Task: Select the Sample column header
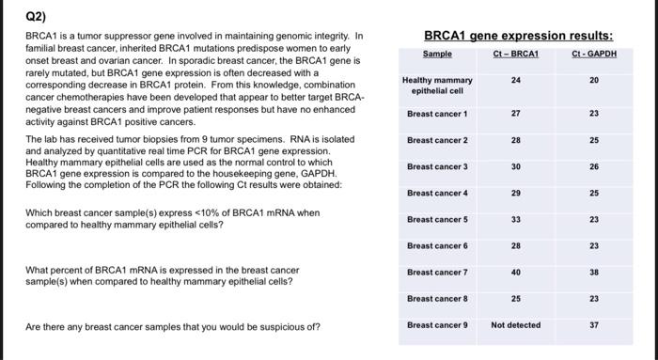pos(437,55)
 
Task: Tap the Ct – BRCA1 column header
pos(515,55)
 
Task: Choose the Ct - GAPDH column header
pos(593,55)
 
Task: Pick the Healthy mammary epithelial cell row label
pos(437,86)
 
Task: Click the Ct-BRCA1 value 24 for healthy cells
pos(515,81)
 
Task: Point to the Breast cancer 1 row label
pos(437,114)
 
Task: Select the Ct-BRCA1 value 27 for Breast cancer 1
pos(515,114)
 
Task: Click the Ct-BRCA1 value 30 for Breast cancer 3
pos(515,166)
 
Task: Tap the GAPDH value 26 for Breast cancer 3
pos(593,166)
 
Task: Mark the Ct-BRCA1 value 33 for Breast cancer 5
pos(515,219)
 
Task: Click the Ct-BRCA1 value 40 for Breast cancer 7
pos(515,273)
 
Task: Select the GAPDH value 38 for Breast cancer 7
pos(593,273)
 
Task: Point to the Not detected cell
pos(515,325)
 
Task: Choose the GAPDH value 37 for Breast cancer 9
pos(593,325)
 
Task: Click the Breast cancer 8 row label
pos(437,299)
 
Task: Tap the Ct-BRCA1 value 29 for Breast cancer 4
pos(515,193)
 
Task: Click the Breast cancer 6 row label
pos(437,246)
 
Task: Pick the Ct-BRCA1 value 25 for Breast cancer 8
pos(515,299)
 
